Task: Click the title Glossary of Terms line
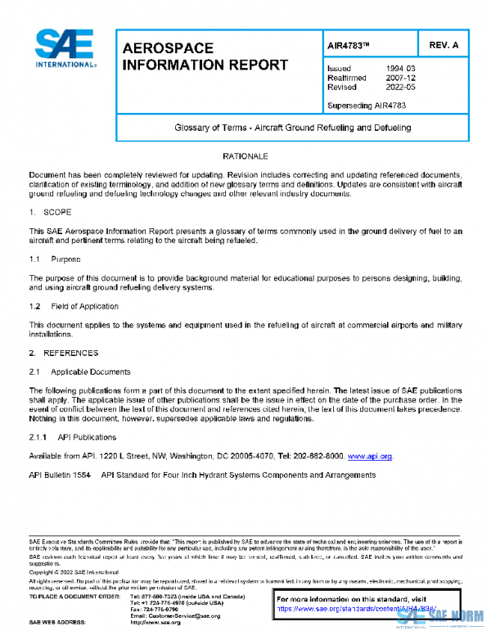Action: pos(292,128)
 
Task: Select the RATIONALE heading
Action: pos(245,155)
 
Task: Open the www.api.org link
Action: pos(370,456)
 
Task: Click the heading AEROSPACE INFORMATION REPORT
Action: pos(205,57)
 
